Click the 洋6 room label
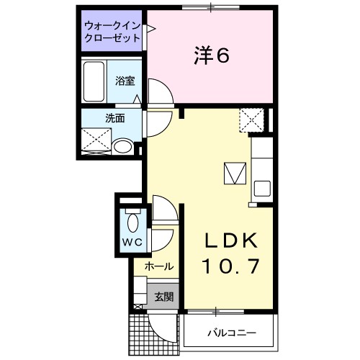[x=211, y=55]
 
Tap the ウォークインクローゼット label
[x=112, y=31]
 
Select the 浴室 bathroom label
[x=125, y=81]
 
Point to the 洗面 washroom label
[x=115, y=118]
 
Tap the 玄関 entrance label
[x=163, y=296]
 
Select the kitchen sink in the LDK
[x=260, y=190]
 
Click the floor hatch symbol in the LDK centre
[x=234, y=173]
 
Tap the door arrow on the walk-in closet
[x=151, y=30]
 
